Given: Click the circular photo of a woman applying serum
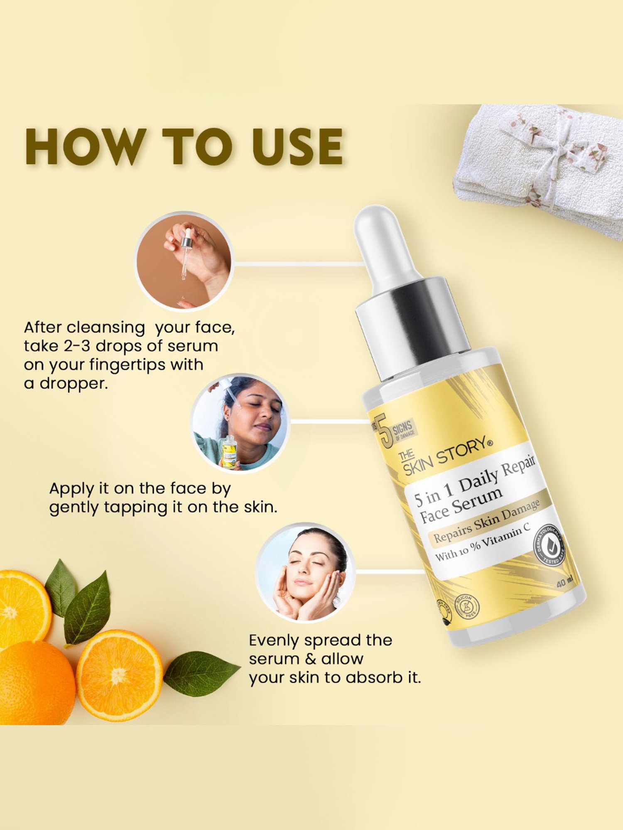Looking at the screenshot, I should [x=240, y=422].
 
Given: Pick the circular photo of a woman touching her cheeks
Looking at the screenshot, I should [x=305, y=572].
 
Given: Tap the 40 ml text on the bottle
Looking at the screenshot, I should [x=564, y=582].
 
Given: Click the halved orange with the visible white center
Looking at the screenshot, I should [x=120, y=675].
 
